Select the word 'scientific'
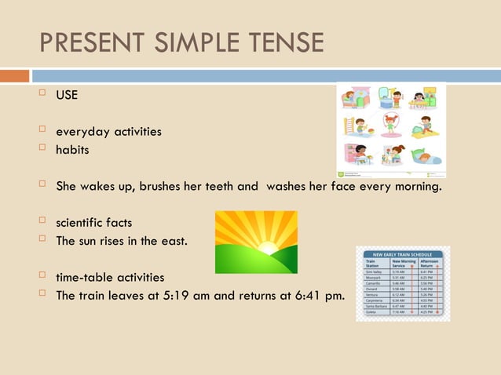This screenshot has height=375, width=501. tap(81, 223)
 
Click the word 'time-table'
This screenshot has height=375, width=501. tap(84, 278)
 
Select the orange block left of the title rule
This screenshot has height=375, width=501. tap(14, 76)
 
